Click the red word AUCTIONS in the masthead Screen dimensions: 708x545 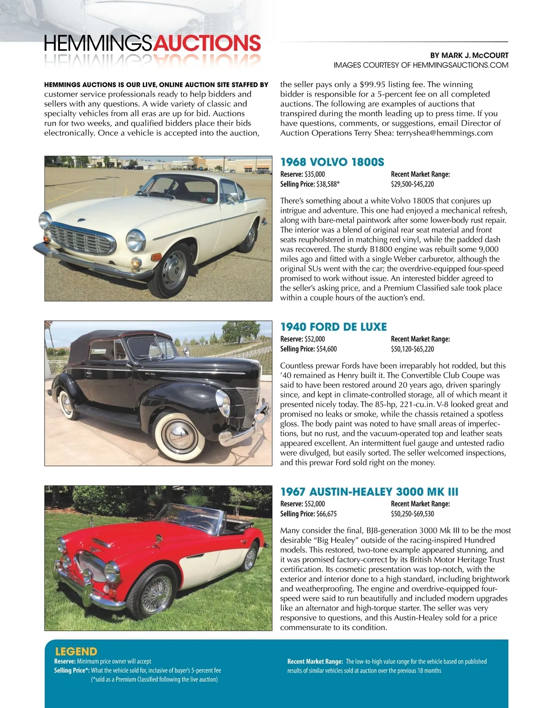(207, 44)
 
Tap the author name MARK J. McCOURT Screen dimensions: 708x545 (475, 55)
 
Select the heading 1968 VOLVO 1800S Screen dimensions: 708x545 (332, 162)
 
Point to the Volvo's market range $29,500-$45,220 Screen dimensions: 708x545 (412, 184)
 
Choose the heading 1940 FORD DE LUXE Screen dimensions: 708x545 (333, 327)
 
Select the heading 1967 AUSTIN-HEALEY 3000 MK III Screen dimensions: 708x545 (369, 492)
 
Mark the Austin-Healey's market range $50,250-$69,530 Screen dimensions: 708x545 (412, 514)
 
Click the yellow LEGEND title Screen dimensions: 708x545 (76, 652)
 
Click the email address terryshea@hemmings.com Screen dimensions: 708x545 (444, 133)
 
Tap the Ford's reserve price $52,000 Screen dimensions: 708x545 (315, 339)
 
